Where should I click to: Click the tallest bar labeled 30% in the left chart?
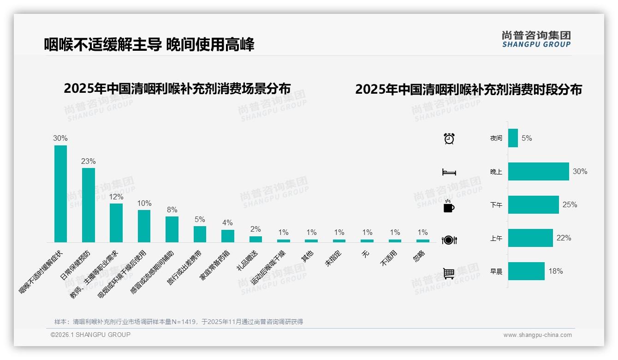[x=60, y=194]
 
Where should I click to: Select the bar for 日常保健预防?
[x=89, y=205]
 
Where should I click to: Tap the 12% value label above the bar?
[x=116, y=197]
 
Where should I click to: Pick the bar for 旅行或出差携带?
[x=200, y=234]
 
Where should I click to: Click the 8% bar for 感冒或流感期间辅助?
[x=172, y=229]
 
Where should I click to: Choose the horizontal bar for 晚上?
[x=538, y=171]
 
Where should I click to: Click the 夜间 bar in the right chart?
[x=513, y=138]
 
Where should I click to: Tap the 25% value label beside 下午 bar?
[x=570, y=204]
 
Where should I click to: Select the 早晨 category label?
[x=496, y=271]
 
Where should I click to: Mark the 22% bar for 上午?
[x=530, y=238]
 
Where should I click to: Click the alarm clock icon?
[x=449, y=138]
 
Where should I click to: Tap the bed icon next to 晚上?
[x=449, y=172]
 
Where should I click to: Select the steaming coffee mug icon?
[x=449, y=206]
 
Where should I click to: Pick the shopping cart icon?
[x=449, y=273]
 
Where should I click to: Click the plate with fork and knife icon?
[x=449, y=240]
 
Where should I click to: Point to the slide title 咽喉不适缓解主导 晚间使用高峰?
[x=149, y=44]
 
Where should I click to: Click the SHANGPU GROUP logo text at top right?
[x=536, y=39]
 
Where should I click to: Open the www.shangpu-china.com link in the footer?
[x=537, y=335]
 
